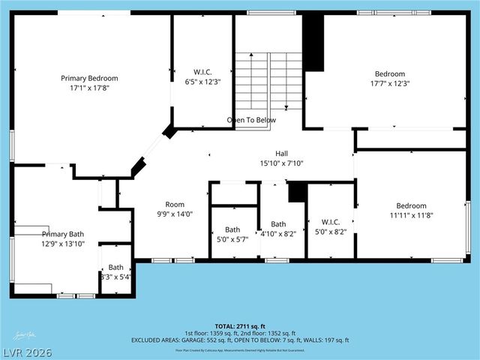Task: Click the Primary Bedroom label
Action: click(89, 78)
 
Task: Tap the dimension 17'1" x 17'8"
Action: click(89, 87)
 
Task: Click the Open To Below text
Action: click(251, 120)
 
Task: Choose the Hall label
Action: click(281, 153)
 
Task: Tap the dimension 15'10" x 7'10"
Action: click(281, 163)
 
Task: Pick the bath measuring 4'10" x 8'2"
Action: click(278, 228)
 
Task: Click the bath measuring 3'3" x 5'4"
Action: click(115, 271)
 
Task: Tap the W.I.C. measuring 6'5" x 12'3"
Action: click(202, 76)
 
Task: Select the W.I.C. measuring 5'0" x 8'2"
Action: click(330, 226)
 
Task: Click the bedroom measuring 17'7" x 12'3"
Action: click(390, 78)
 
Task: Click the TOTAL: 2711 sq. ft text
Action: click(241, 326)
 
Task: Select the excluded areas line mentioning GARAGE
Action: click(240, 340)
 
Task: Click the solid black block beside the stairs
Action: click(313, 43)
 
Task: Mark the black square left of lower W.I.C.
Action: click(297, 193)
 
